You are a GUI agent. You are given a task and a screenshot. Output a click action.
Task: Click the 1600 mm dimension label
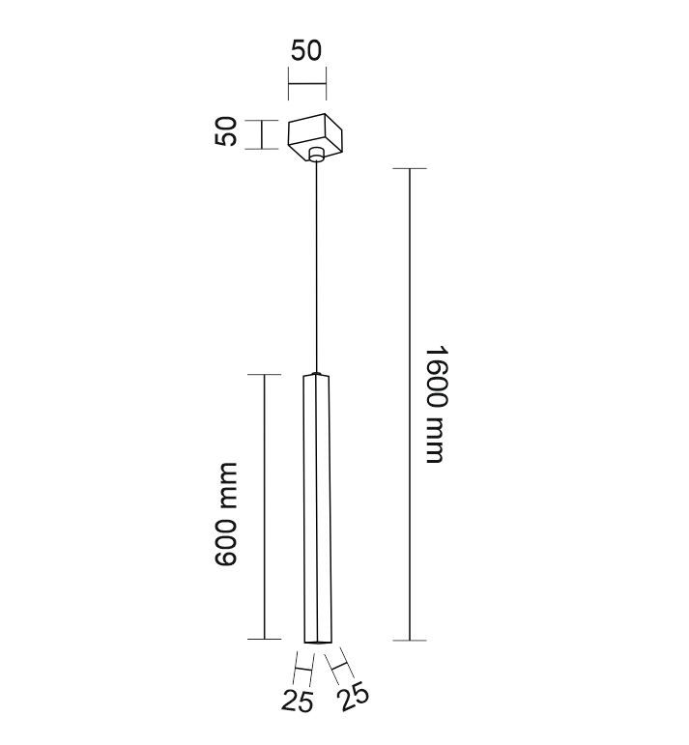(436, 404)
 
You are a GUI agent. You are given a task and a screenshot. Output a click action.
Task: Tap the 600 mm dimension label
(225, 514)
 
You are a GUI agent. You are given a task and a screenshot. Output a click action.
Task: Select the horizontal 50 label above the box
(306, 50)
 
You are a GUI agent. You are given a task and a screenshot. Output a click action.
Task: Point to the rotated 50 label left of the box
(225, 131)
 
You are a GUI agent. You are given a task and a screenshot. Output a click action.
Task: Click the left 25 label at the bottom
(298, 702)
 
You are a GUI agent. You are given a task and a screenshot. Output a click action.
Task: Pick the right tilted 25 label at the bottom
(353, 696)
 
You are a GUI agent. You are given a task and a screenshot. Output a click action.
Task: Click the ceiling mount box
(315, 136)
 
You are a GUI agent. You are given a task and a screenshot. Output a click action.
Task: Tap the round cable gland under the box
(316, 155)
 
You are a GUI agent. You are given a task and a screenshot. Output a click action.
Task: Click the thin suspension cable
(316, 267)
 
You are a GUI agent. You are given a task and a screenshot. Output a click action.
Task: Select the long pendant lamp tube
(316, 508)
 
